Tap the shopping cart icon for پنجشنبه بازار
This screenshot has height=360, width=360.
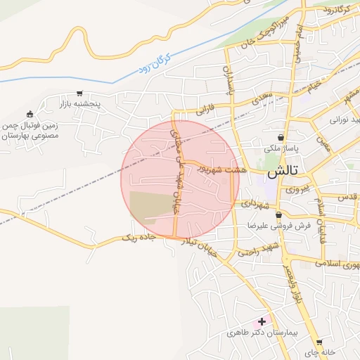pyautogui.click(x=80, y=93)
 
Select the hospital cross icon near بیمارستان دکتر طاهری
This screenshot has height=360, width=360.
pyautogui.click(x=262, y=321)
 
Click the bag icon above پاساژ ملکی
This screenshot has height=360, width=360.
pyautogui.click(x=281, y=137)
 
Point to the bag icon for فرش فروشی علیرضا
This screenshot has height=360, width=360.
pyautogui.click(x=279, y=215)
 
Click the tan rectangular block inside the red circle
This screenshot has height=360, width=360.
pyautogui.click(x=150, y=204)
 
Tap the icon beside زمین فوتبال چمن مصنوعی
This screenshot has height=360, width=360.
pyautogui.click(x=30, y=115)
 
